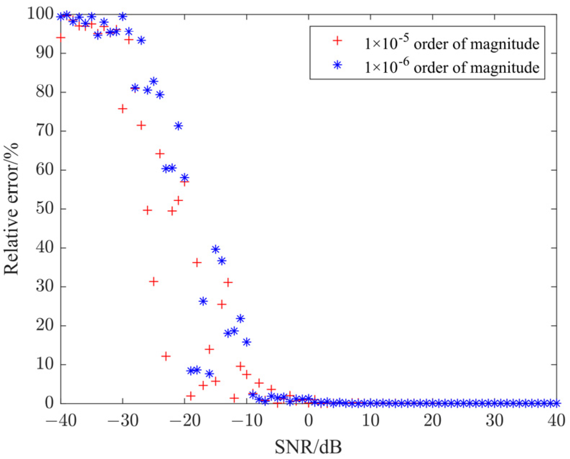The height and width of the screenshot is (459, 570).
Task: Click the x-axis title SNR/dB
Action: click(x=308, y=447)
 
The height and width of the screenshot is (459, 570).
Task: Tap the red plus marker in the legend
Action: click(x=337, y=41)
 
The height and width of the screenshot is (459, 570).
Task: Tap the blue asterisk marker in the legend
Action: click(x=337, y=65)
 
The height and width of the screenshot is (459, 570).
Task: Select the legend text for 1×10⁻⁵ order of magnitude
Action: click(x=451, y=43)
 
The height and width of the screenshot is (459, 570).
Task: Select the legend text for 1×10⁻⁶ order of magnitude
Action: click(x=451, y=67)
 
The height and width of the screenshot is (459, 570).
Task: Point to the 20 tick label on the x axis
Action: click(x=432, y=420)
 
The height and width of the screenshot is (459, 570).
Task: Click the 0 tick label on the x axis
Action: click(x=309, y=420)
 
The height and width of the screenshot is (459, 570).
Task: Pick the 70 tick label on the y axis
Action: click(x=45, y=131)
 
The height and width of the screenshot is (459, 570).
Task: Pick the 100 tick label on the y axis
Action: click(x=40, y=14)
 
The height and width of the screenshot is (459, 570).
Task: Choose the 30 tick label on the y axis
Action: click(x=45, y=287)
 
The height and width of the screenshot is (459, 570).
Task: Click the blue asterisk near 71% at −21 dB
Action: click(x=178, y=126)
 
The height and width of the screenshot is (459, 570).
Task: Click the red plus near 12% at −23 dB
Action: click(x=166, y=356)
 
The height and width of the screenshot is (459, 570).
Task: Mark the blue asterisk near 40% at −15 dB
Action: click(x=216, y=249)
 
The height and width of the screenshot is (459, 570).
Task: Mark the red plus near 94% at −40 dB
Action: click(x=61, y=37)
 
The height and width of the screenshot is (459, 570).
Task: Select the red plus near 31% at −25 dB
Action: click(x=153, y=281)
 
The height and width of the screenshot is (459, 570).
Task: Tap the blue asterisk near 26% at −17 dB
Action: click(x=203, y=301)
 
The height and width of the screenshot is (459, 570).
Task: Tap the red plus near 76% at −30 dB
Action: click(x=122, y=109)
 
